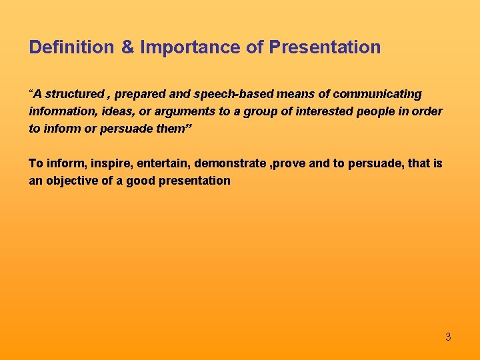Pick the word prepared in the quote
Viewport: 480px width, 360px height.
point(139,94)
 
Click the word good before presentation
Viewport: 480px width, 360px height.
point(141,181)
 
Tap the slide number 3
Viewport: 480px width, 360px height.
point(448,337)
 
